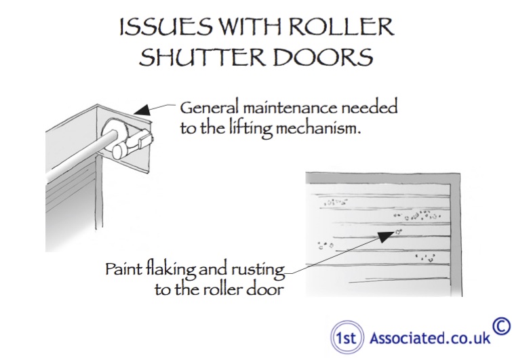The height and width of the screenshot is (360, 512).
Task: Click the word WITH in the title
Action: (x=250, y=26)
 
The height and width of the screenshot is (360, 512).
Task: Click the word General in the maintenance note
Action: (x=210, y=108)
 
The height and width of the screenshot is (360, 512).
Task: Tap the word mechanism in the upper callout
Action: (x=318, y=128)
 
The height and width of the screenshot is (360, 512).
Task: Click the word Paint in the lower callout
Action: (x=124, y=269)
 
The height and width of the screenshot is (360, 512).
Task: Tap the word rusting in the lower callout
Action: (x=258, y=271)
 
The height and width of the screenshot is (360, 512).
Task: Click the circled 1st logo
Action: (x=347, y=337)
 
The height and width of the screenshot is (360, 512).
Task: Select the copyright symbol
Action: (x=502, y=326)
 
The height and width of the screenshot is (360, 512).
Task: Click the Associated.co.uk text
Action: (x=430, y=338)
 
